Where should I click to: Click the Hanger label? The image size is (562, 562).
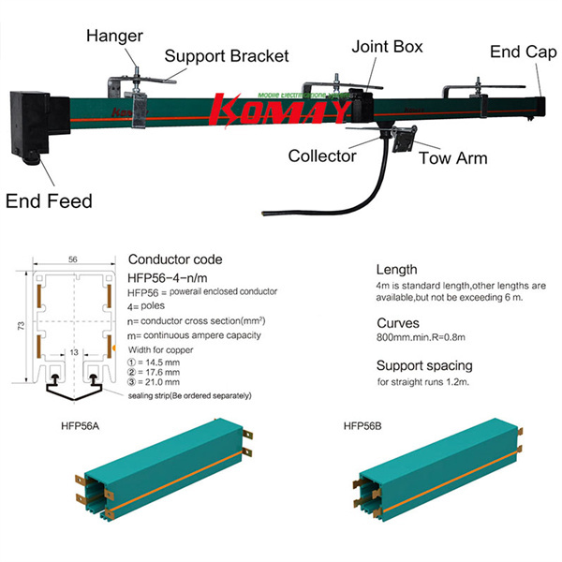pos(113,37)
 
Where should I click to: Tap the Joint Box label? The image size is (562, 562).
pos(387,45)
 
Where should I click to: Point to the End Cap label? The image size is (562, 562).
pos(525,52)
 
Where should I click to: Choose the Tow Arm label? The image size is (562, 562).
pos(452,157)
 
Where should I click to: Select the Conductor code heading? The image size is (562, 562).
pos(175,259)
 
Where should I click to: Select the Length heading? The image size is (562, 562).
pos(396,269)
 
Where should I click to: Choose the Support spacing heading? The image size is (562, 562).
pos(424,364)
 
